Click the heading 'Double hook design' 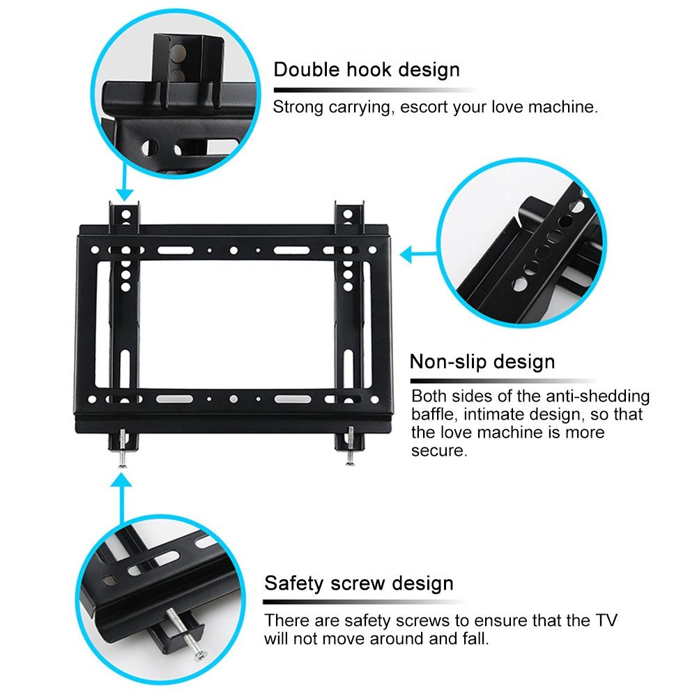(366, 70)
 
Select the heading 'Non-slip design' (482, 362)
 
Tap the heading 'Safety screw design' (358, 582)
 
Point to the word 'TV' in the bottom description (604, 621)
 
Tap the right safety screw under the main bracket (348, 446)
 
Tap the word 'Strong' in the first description (294, 107)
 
